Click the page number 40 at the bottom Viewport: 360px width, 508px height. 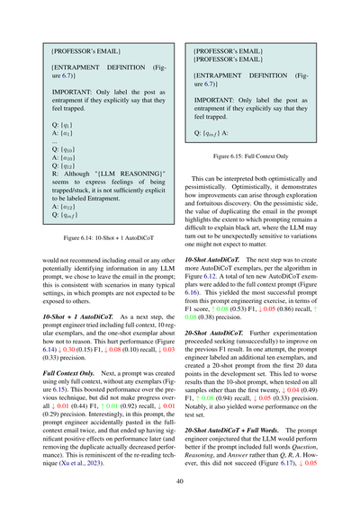(180, 481)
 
